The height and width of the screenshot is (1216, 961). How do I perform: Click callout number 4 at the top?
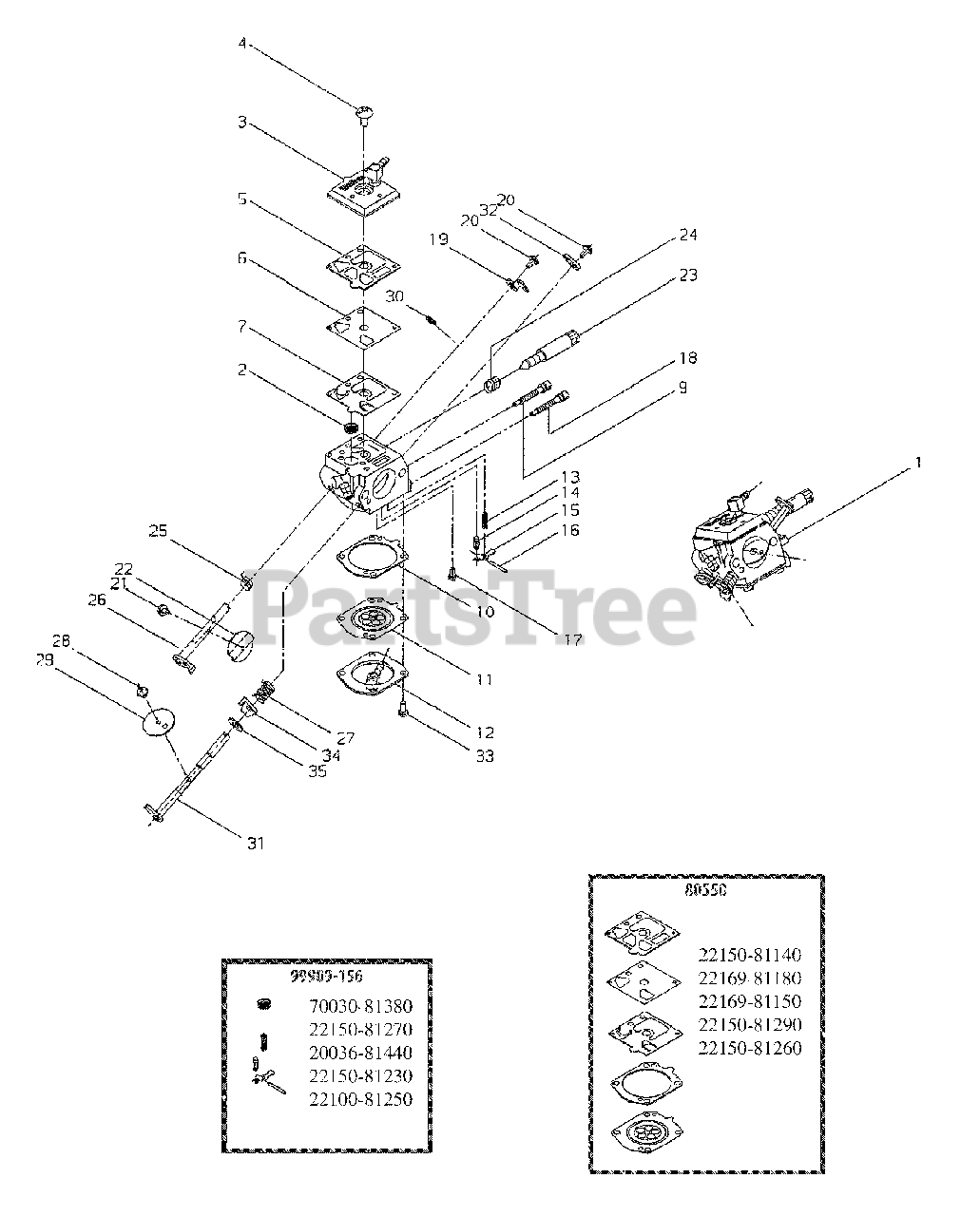coord(241,43)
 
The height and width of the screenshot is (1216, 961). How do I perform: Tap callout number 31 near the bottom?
coord(256,842)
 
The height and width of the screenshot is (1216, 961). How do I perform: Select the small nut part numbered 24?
coord(492,384)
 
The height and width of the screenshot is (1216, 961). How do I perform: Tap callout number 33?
coord(485,756)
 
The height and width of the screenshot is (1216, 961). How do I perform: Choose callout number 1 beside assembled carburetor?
coord(918,463)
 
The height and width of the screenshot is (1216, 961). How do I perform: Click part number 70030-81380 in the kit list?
coord(360,1007)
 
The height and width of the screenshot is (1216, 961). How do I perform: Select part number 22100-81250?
coord(360,1099)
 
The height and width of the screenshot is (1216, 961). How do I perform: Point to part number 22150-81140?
coord(749,955)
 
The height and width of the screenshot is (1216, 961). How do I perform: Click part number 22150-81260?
coord(749,1048)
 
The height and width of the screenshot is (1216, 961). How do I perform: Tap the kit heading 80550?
coord(705,892)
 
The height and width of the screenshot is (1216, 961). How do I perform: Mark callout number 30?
coord(394,295)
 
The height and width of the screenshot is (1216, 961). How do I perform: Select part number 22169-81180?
coord(749,978)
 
